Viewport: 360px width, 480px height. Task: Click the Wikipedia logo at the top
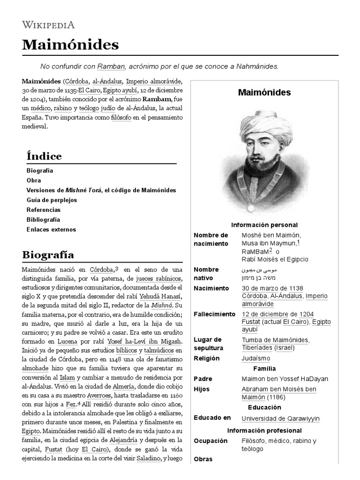pos(48,25)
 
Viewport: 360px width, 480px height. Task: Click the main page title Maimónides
pos(70,45)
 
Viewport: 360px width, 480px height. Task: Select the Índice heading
pos(44,156)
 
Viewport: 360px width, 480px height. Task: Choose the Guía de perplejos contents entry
pos(52,200)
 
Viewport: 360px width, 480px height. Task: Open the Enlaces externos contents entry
pos(51,230)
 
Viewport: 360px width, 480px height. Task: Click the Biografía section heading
pos(48,255)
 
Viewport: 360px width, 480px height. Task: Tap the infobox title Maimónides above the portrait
pos(264,93)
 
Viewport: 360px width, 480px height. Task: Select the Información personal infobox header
pos(264,225)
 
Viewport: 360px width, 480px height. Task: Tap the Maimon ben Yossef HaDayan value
pos(285,379)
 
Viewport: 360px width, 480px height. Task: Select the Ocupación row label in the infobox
pos(210,441)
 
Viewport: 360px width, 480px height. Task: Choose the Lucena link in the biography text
pos(67,342)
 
